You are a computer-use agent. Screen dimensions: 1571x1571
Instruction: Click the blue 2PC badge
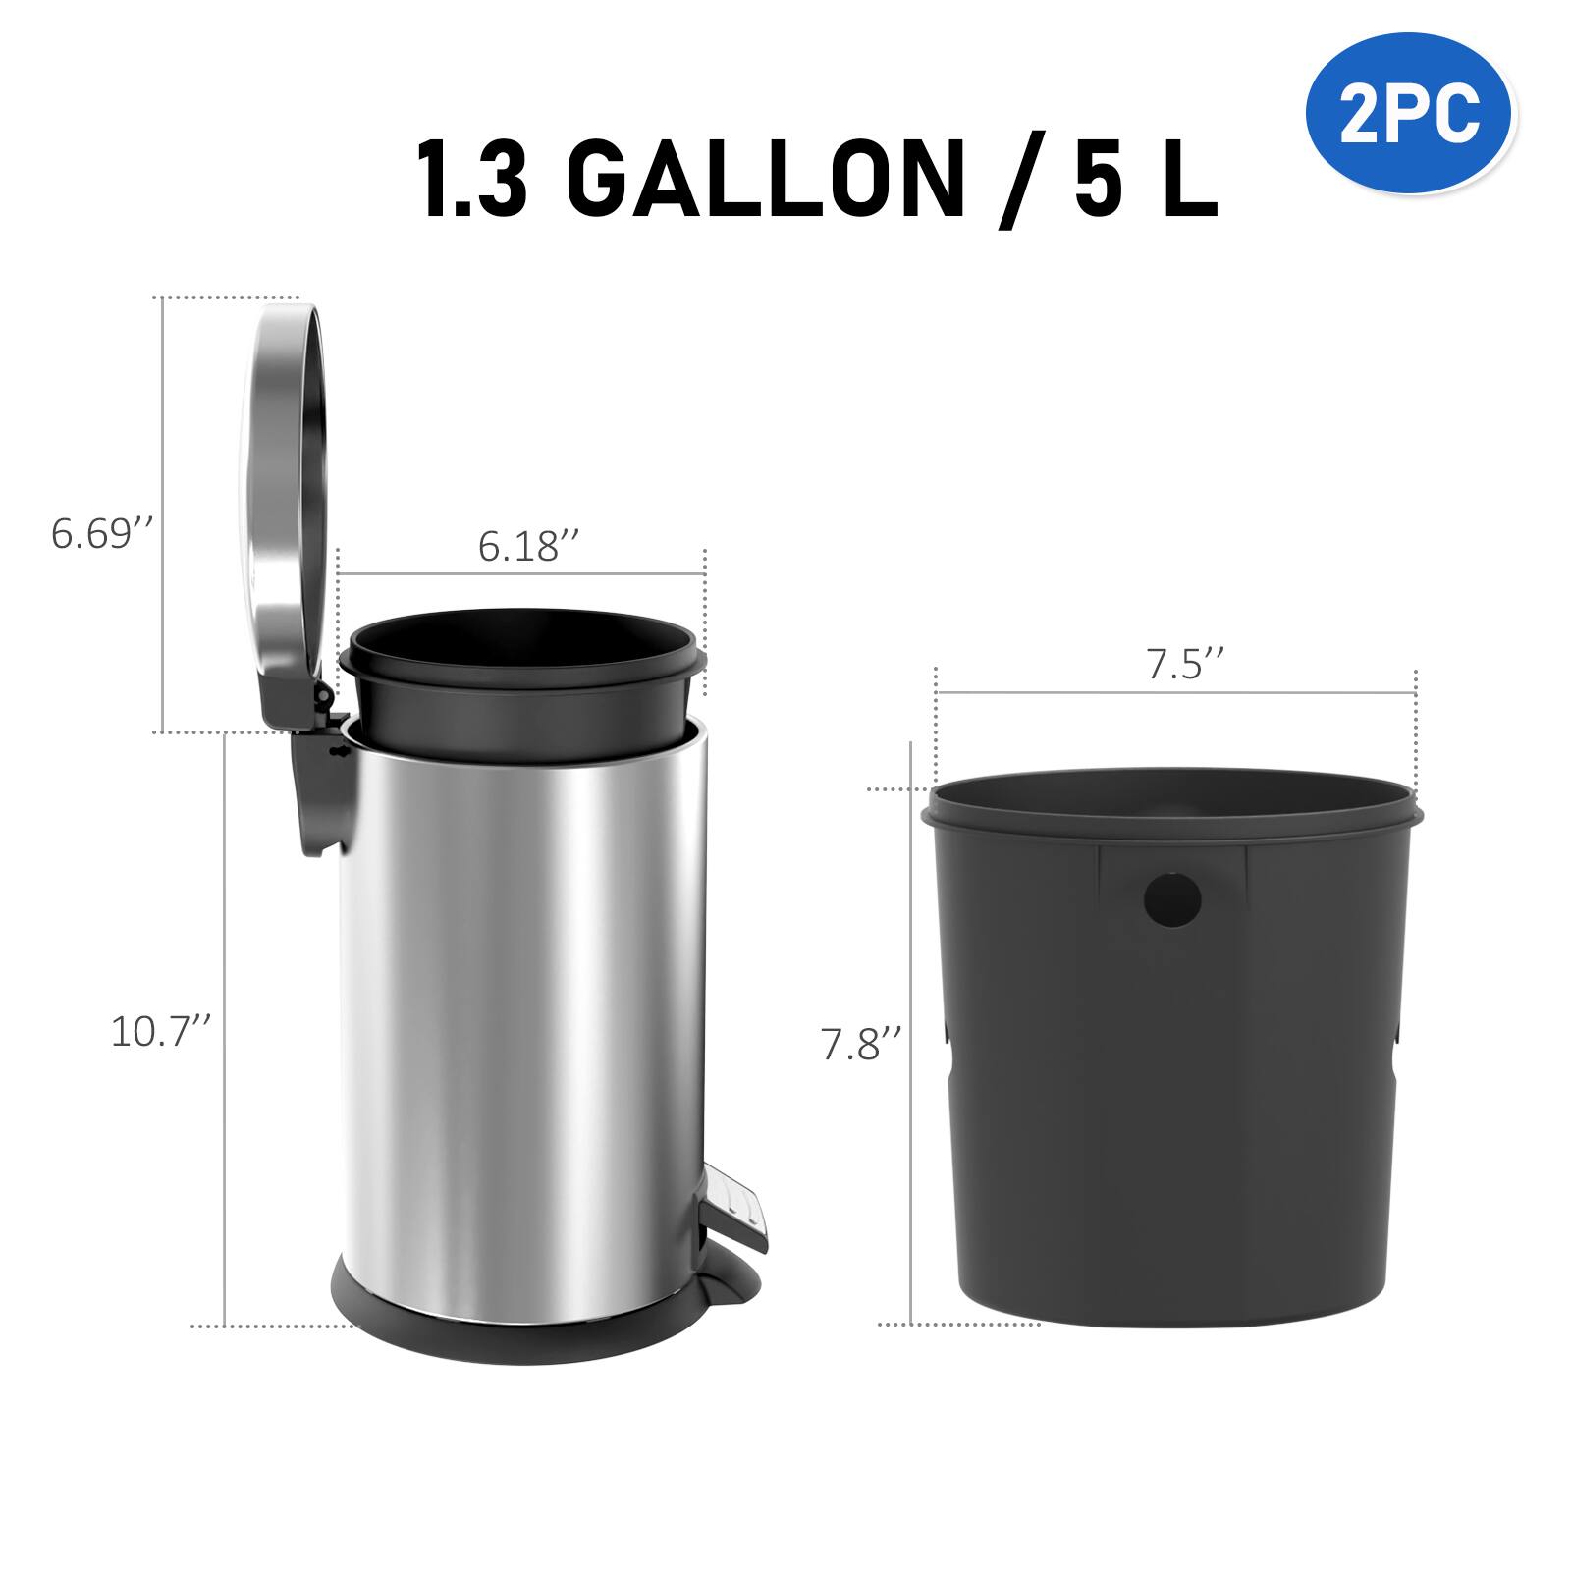coord(1410,116)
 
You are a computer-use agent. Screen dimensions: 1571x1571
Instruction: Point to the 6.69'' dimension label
coord(102,535)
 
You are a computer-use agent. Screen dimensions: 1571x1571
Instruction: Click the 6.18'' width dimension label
coord(528,547)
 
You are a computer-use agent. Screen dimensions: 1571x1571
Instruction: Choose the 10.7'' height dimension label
coord(161,1032)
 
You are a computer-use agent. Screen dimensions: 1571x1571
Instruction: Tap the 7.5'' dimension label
coord(1186,666)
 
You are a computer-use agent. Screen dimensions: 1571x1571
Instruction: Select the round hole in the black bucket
coord(1172,896)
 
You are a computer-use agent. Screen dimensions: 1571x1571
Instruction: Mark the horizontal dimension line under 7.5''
coord(1175,693)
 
